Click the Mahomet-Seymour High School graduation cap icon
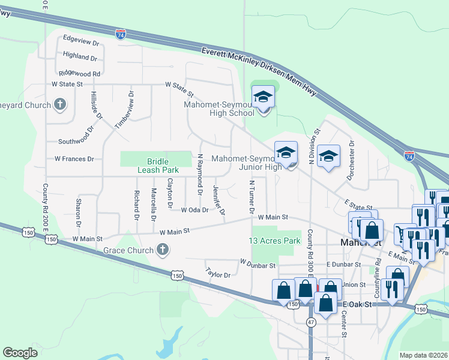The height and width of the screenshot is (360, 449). (263, 97)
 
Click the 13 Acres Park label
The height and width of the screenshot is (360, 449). (274, 241)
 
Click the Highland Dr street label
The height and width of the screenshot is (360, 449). (80, 58)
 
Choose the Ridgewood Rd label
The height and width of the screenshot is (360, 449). (79, 73)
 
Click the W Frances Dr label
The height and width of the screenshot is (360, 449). (74, 159)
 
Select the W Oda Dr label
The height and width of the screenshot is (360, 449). (194, 210)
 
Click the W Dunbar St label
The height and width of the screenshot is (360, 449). (257, 263)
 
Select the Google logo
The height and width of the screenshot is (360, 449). (20, 353)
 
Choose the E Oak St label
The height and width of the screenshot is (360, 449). (358, 304)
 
